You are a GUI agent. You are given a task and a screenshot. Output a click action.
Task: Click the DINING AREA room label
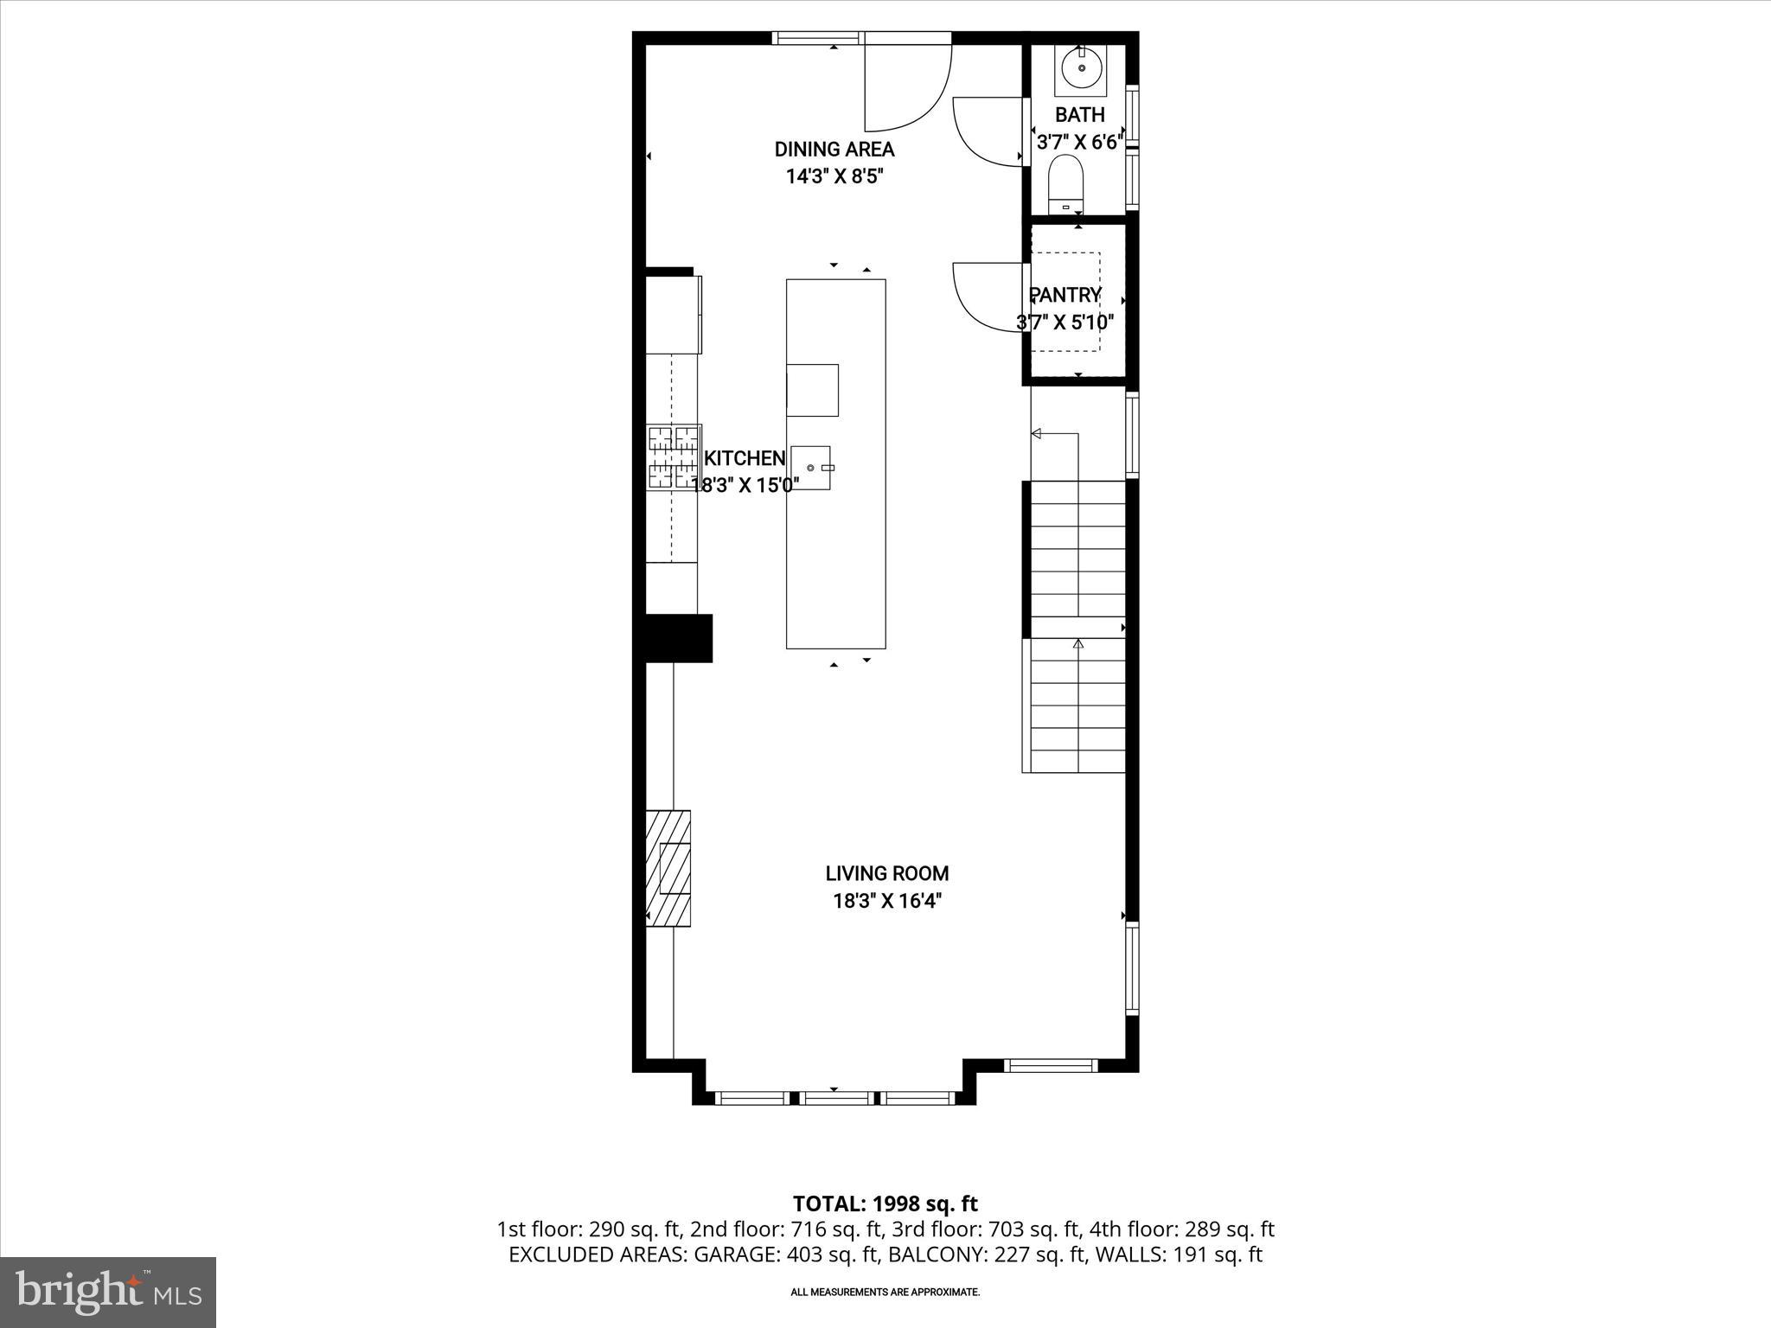pos(834,150)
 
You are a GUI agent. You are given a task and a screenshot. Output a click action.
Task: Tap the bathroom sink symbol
pos(1081,67)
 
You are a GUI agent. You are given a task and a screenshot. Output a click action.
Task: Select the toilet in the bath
pos(1065,183)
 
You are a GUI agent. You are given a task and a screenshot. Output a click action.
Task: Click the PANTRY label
pos(1065,296)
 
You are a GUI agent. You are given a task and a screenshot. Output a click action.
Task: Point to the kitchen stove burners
pos(674,457)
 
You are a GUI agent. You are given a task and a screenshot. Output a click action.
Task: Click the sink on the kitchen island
pos(811,468)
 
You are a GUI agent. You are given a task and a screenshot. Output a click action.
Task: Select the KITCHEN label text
pos(745,458)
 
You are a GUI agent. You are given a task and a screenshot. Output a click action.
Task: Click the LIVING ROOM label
pos(886,873)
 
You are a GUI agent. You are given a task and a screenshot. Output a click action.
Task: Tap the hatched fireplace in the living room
pos(668,868)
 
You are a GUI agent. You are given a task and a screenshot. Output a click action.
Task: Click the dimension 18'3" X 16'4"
pos(886,901)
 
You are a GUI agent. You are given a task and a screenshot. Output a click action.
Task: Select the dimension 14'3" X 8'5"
pos(834,176)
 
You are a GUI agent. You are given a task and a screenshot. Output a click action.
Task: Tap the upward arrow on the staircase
pos(1077,644)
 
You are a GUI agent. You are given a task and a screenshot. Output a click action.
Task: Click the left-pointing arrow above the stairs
pos(1037,433)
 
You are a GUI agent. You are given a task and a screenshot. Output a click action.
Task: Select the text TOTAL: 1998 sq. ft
pos(885,1203)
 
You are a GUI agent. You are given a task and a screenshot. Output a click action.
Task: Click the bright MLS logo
pos(108,1292)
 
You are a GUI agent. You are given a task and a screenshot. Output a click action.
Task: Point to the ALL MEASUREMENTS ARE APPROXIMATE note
pos(885,1293)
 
